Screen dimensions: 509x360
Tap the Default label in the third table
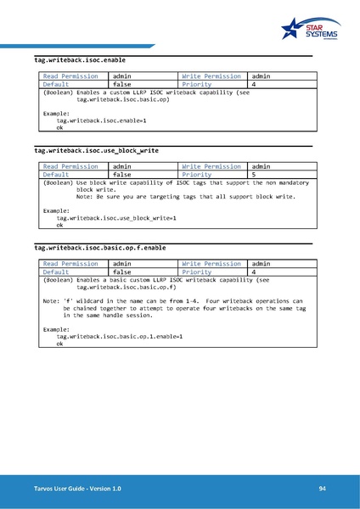56,271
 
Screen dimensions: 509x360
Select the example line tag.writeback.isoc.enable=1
101,121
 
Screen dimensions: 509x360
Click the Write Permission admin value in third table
262,264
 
